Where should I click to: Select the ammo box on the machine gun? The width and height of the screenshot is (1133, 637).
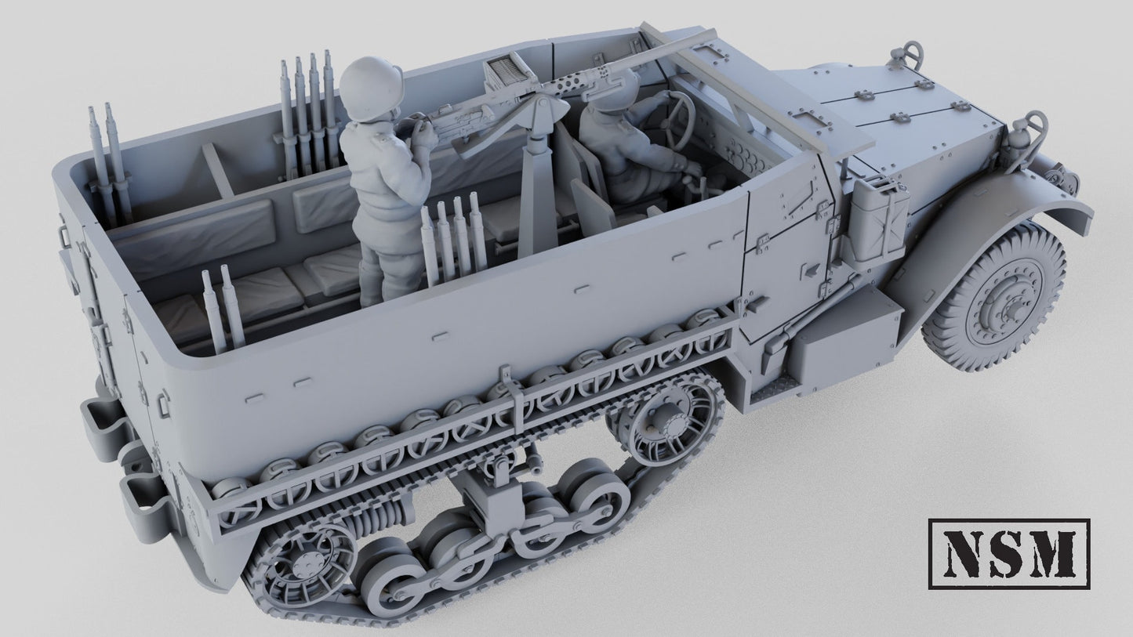(505, 74)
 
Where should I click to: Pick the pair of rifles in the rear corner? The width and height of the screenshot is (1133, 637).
(106, 165)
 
